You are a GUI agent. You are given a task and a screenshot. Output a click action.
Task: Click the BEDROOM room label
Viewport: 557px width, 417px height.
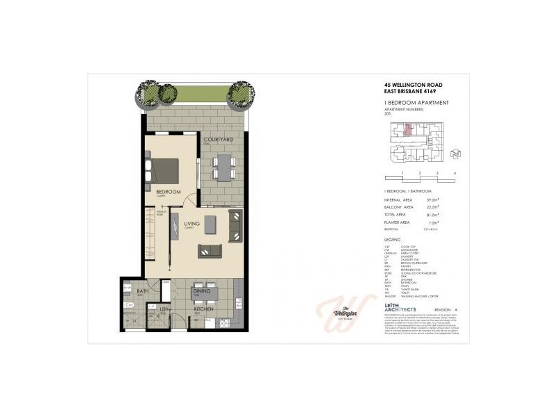[168, 191]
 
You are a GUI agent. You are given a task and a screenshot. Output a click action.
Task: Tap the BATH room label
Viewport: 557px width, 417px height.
[142, 291]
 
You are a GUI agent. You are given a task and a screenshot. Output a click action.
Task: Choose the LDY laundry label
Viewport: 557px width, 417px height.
[166, 310]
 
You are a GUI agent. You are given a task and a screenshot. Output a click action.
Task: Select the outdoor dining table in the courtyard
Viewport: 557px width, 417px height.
[223, 166]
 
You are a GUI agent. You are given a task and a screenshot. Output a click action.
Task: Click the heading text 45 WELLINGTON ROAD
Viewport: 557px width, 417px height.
[413, 85]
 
